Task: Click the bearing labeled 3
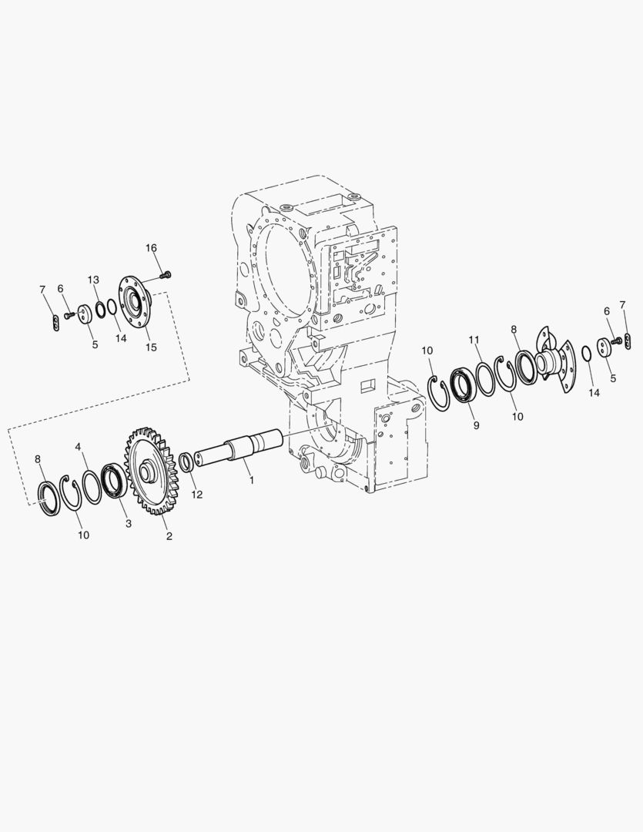(x=114, y=480)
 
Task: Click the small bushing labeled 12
(x=187, y=461)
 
